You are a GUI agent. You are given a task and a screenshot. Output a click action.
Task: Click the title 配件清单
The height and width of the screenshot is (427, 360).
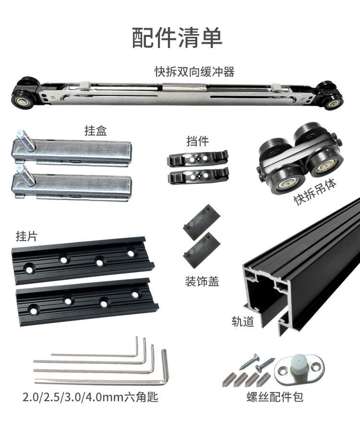177,38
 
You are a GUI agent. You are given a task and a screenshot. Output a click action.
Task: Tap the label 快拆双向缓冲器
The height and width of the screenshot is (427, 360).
194,71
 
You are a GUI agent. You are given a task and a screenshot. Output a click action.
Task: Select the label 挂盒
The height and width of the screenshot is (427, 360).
96,130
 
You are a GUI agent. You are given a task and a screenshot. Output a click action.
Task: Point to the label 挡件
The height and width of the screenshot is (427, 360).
198,141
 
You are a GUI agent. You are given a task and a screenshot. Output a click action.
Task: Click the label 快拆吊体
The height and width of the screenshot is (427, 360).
315,191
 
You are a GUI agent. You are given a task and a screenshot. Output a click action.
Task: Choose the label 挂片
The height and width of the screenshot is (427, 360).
26,236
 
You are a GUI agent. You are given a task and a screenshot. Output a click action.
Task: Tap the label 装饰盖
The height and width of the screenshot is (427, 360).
202,281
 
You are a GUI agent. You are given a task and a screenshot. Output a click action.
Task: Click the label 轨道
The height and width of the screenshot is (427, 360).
243,321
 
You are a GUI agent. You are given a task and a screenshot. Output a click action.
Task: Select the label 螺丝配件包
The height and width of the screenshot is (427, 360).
275,397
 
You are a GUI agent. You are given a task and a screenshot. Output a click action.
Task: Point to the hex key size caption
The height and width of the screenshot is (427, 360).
90,397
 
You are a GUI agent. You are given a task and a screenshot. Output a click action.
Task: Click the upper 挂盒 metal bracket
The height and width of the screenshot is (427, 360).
72,151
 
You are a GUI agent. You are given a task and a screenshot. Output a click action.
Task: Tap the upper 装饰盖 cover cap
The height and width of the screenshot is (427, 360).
202,222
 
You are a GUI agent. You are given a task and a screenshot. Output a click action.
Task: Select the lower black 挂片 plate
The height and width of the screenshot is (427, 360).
87,302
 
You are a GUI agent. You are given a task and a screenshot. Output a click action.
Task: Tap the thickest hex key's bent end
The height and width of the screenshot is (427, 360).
165,365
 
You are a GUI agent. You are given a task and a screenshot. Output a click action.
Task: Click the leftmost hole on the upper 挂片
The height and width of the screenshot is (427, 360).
29,268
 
